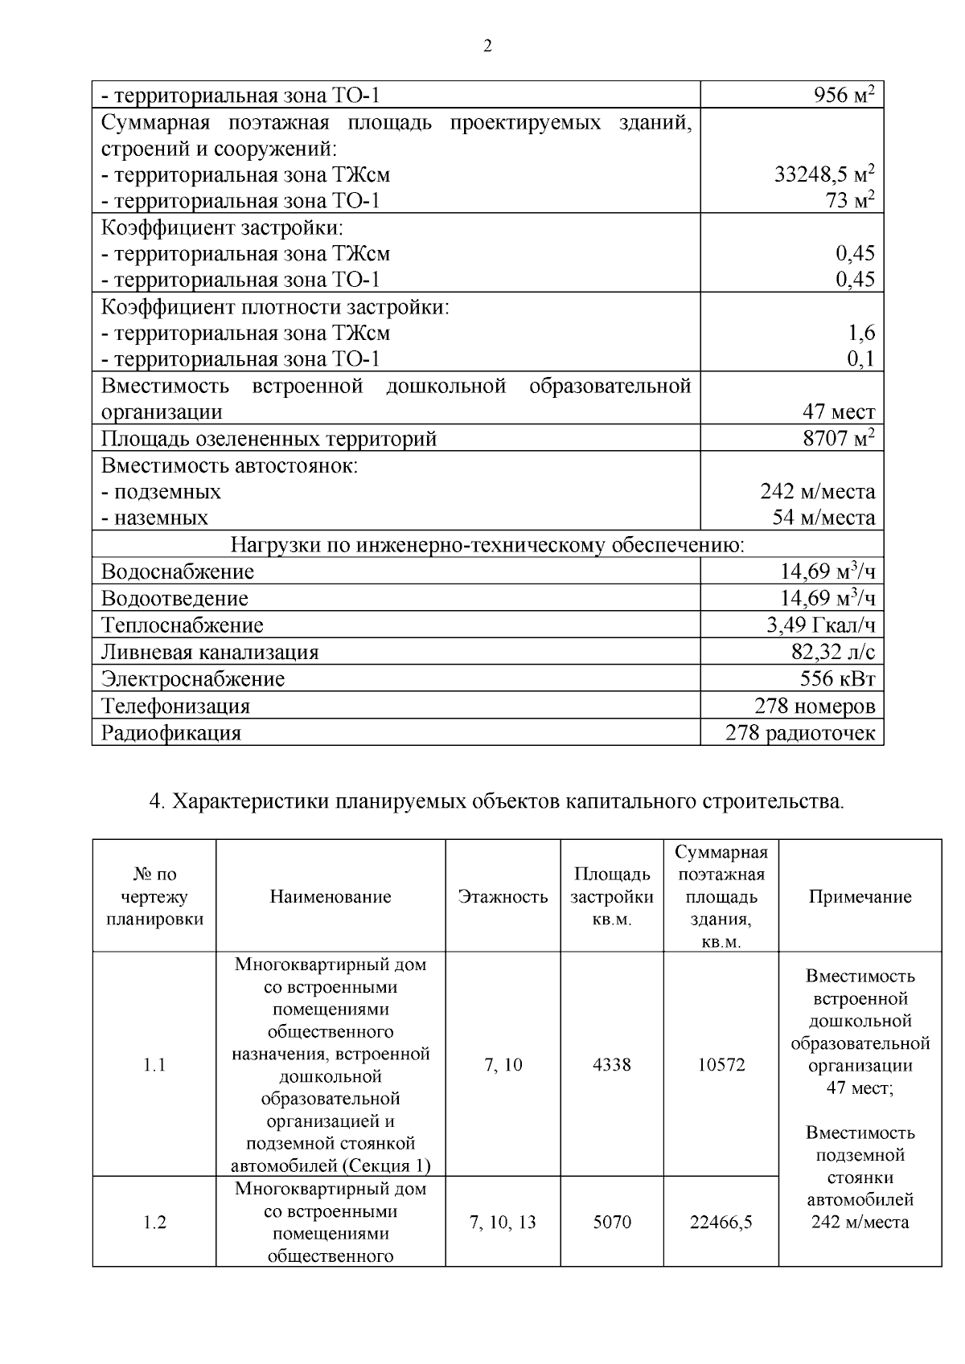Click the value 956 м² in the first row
[x=844, y=96]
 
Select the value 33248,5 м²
[x=824, y=174]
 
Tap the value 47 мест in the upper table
[x=838, y=412]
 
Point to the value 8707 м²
[x=838, y=439]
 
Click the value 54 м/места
[x=823, y=518]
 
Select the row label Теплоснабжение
[x=182, y=625]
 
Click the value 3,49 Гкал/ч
[x=820, y=625]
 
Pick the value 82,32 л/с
[x=833, y=652]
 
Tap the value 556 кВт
[x=837, y=679]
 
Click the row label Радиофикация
[x=170, y=733]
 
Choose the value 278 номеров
[x=815, y=707]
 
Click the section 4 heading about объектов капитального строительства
[x=497, y=802]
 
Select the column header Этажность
[x=503, y=897]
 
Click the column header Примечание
[x=860, y=897]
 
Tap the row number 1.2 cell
[x=154, y=1223]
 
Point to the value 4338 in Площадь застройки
[x=612, y=1065]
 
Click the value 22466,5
[x=721, y=1223]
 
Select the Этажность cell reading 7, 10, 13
[x=503, y=1223]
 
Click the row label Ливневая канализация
[x=210, y=652]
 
